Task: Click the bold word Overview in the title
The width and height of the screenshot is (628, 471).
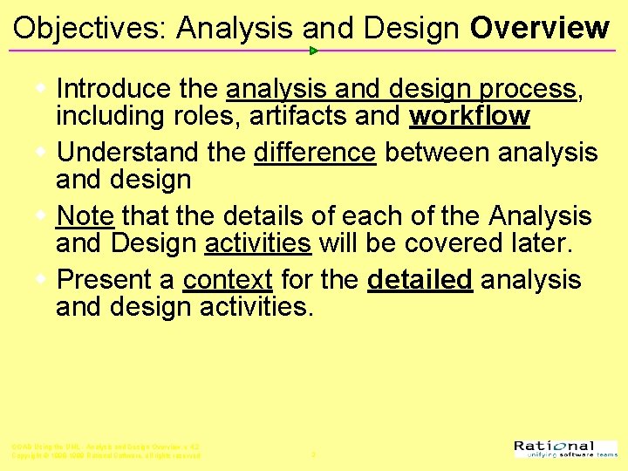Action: (x=539, y=28)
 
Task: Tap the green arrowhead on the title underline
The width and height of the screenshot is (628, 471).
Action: (x=314, y=51)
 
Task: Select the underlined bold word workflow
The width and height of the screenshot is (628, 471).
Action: (x=470, y=116)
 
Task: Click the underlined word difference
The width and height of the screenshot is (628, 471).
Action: (x=315, y=153)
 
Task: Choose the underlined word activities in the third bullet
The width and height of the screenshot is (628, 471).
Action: (x=258, y=242)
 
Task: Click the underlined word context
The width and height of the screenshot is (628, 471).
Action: (x=228, y=280)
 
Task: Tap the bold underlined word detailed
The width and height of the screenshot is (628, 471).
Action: (x=420, y=280)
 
